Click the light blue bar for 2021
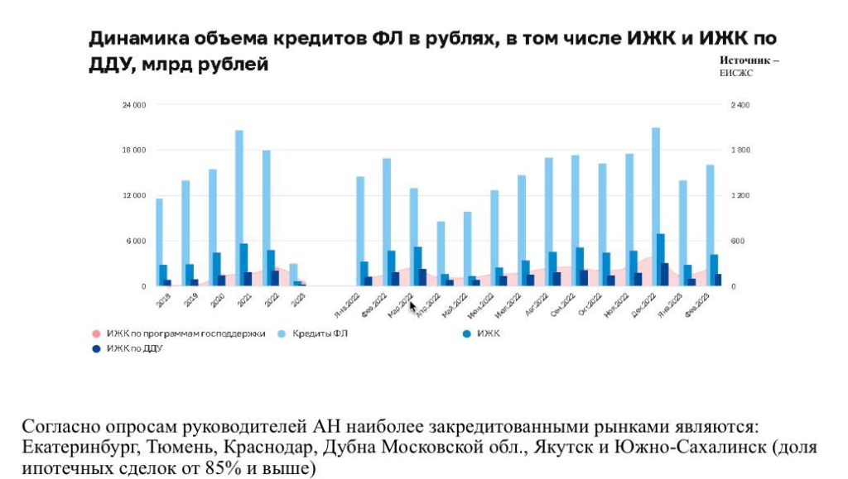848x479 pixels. (238, 207)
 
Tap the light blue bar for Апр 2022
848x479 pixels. (441, 248)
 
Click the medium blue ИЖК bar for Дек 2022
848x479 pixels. (660, 260)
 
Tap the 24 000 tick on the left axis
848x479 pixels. (134, 105)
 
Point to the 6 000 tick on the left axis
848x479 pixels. (137, 241)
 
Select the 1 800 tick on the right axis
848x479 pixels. (739, 151)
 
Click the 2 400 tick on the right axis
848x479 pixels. (739, 105)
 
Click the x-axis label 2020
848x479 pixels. (216, 299)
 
